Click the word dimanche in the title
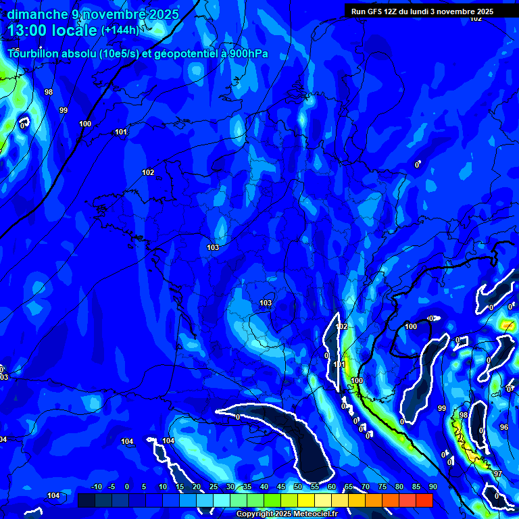tap(37, 14)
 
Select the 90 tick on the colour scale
tap(432, 487)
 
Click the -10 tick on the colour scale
tap(96, 487)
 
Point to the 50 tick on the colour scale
tap(298, 487)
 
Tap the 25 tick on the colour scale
tap(214, 487)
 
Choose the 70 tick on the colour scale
tap(365, 487)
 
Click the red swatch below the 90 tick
tap(424, 500)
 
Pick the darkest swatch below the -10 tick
tap(86, 500)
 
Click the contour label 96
tap(503, 428)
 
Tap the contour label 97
tap(497, 474)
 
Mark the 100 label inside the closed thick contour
tap(411, 327)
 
